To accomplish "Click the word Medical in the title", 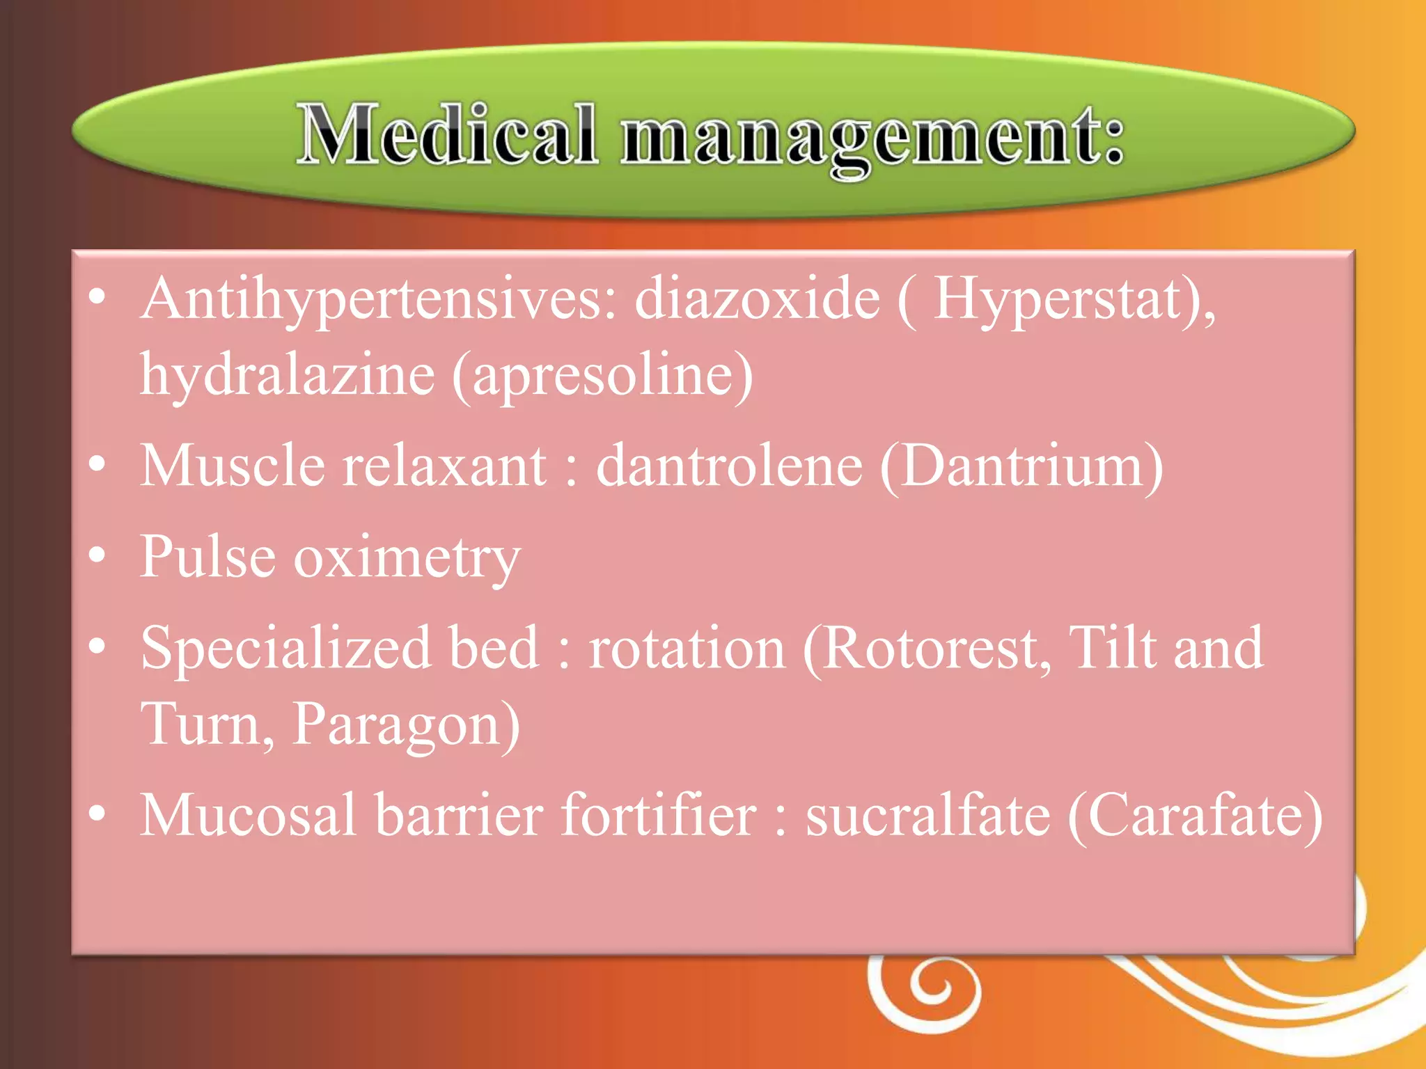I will click(448, 134).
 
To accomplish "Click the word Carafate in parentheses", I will click(1194, 816).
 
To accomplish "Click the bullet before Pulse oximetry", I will click(97, 555).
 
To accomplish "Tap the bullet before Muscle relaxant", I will click(97, 464).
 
